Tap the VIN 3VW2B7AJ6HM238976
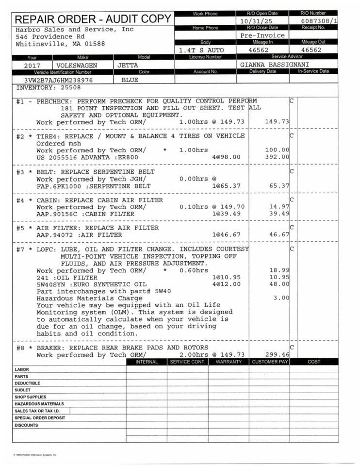(x=58, y=80)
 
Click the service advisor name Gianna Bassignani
(x=275, y=65)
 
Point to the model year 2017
(x=33, y=65)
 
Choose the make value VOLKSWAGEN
(x=77, y=65)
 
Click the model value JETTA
(x=128, y=65)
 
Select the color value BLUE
(x=130, y=80)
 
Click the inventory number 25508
(x=70, y=88)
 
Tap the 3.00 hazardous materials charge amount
(x=281, y=298)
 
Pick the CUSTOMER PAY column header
(x=270, y=362)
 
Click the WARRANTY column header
(x=229, y=362)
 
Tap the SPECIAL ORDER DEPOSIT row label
(x=40, y=417)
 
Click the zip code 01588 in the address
(x=95, y=44)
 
